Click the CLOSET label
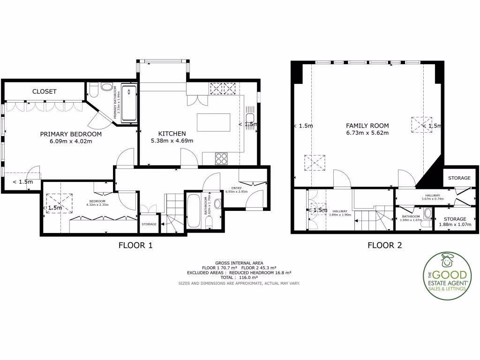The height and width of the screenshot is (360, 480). coord(45,91)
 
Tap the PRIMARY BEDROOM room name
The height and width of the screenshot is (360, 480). coord(71,134)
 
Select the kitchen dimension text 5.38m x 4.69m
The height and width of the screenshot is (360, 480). coord(172,141)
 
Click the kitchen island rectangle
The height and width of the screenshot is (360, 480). coord(214,123)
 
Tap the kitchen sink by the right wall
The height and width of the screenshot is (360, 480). coord(250,117)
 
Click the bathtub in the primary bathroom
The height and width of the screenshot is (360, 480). coord(129,103)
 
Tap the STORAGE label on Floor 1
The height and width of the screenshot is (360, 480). coord(149,225)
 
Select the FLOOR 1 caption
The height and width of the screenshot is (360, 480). coord(135,245)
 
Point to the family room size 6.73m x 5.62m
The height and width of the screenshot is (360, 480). coord(367,133)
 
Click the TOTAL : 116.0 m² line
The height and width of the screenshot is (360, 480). coord(239,277)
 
